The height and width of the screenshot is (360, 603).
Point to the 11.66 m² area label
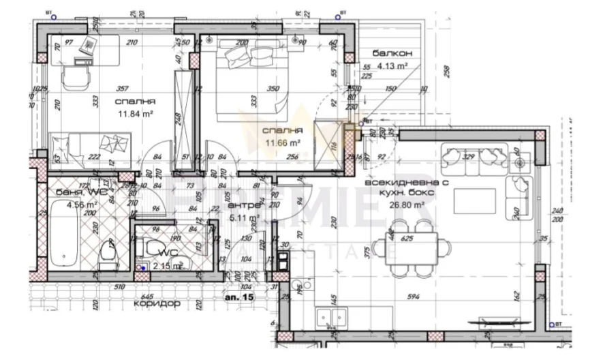point(283,143)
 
